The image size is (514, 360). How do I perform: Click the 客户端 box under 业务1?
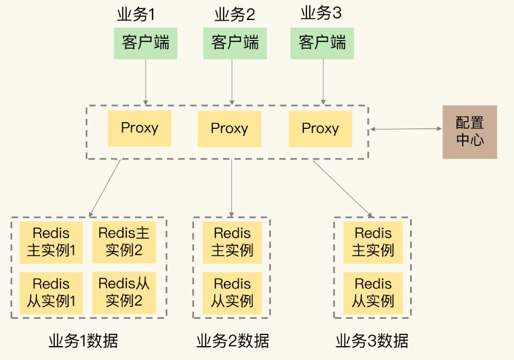tap(145, 43)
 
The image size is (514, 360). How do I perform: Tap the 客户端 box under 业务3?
tap(322, 43)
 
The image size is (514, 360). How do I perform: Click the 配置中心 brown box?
tap(470, 132)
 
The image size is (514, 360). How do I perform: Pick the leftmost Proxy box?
tap(139, 128)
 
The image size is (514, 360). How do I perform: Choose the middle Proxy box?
tap(229, 128)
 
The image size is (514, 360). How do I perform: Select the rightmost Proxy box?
tap(320, 128)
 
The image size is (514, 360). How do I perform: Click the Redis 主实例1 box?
tap(51, 242)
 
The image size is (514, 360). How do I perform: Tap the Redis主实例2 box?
tap(124, 242)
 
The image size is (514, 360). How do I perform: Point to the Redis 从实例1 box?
tap(51, 293)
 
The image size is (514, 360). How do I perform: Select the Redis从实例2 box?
tap(124, 293)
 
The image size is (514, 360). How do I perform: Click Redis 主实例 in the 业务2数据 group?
tap(232, 242)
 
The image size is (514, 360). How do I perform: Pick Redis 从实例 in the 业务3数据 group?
tap(373, 293)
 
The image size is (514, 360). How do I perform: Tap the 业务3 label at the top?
tap(321, 14)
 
